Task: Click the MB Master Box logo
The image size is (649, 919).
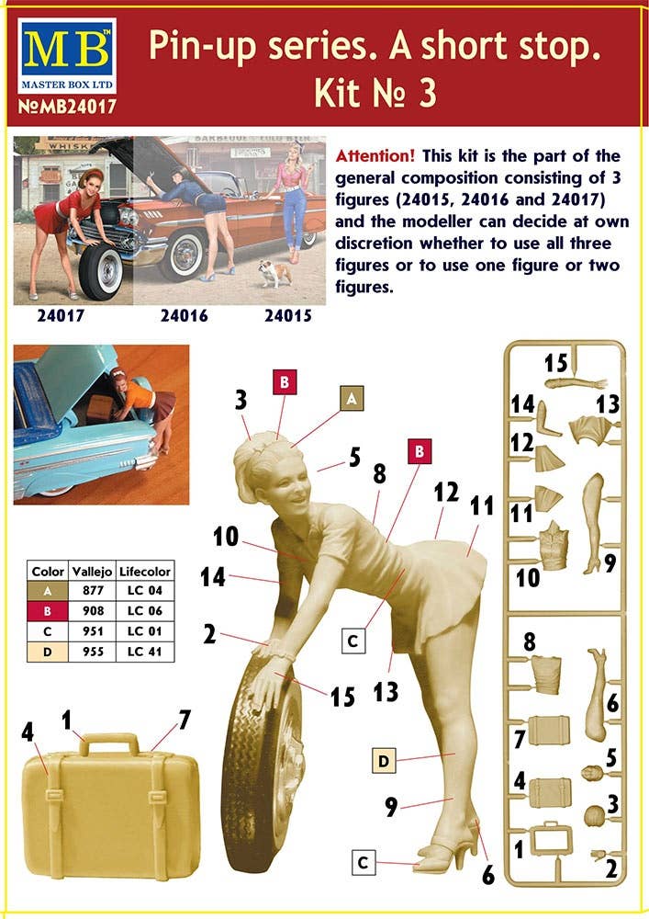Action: pyautogui.click(x=67, y=56)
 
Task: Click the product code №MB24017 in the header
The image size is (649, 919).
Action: pyautogui.click(x=67, y=106)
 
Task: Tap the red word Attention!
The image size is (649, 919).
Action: pyautogui.click(x=375, y=156)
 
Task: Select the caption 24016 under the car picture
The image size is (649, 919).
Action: pyautogui.click(x=184, y=316)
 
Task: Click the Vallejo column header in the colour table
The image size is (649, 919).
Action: pyautogui.click(x=92, y=572)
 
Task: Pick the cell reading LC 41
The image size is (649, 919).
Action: pyautogui.click(x=144, y=652)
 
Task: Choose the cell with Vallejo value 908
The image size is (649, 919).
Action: pyautogui.click(x=93, y=611)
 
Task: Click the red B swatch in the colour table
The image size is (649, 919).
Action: pyautogui.click(x=48, y=611)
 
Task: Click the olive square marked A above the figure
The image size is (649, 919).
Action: pyautogui.click(x=352, y=399)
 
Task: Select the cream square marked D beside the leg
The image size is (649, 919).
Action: pyautogui.click(x=384, y=761)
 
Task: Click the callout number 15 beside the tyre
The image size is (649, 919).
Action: pyautogui.click(x=341, y=697)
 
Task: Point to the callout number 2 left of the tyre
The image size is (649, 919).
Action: pyautogui.click(x=209, y=634)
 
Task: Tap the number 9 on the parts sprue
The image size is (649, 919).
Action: pyautogui.click(x=610, y=563)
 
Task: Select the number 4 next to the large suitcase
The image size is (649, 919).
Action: pyautogui.click(x=28, y=732)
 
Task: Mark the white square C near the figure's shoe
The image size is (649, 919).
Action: pyautogui.click(x=363, y=863)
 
